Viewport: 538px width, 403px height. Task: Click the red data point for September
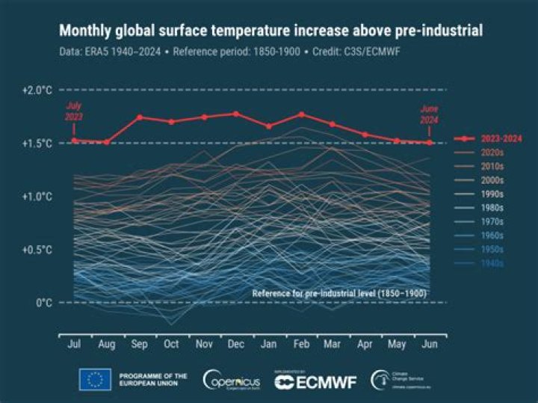tap(140, 117)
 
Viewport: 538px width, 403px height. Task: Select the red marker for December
tap(236, 114)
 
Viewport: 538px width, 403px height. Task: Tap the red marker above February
tap(301, 114)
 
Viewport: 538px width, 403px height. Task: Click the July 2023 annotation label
tap(73, 111)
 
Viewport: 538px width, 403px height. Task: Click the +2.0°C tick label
tap(36, 90)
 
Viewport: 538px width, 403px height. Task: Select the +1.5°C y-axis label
tap(36, 143)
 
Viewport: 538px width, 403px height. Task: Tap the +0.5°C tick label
tap(36, 250)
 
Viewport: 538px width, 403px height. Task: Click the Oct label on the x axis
tap(172, 345)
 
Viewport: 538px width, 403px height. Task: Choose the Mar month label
tap(333, 345)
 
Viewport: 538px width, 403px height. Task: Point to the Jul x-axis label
tap(75, 345)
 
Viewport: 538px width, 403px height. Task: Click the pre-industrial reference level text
tap(339, 293)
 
